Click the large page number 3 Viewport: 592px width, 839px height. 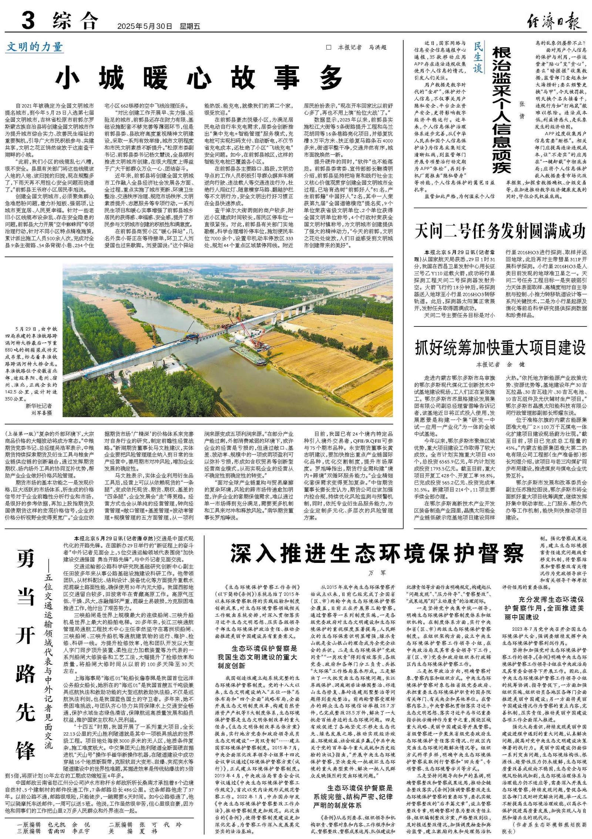[28, 20]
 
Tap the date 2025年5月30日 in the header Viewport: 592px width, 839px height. [145, 26]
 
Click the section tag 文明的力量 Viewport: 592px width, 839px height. [34, 47]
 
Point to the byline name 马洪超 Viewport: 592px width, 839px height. [377, 47]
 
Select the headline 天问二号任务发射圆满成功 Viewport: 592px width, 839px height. [500, 231]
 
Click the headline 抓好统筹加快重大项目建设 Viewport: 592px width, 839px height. [500, 348]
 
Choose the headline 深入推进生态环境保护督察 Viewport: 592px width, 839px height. [377, 554]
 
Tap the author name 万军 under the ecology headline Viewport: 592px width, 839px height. [377, 573]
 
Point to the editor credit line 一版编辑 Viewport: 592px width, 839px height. [28, 825]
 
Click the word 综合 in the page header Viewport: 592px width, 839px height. [75, 21]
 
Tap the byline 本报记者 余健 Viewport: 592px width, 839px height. [500, 365]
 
